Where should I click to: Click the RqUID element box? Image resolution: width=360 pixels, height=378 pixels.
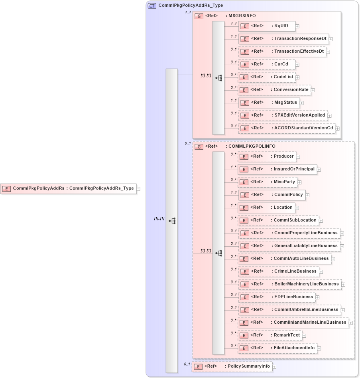(x=267, y=26)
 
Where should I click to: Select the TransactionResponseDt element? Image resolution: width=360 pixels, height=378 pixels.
(x=283, y=39)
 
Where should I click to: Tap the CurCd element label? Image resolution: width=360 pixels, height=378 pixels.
(x=281, y=64)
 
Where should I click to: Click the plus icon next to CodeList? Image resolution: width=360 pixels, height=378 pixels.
(x=297, y=77)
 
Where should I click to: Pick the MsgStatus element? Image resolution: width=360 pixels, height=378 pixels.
(x=269, y=103)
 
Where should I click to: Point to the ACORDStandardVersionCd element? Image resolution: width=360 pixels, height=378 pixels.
(x=287, y=128)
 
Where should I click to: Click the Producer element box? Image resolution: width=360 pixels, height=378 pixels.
(x=267, y=156)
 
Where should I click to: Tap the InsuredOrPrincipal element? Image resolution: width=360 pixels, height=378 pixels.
(x=277, y=169)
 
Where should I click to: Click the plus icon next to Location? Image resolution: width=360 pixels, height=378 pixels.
(x=297, y=208)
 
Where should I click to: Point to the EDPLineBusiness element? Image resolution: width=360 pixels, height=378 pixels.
(x=276, y=297)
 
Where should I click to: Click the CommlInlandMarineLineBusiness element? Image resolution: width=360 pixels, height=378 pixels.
(x=293, y=323)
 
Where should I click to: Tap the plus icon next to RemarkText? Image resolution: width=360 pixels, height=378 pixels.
(x=304, y=336)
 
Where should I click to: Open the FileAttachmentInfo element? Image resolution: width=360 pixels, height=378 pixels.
(x=277, y=348)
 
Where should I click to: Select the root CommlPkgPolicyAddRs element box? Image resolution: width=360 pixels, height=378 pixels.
(x=68, y=188)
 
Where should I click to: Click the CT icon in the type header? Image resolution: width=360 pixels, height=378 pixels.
(x=152, y=6)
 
